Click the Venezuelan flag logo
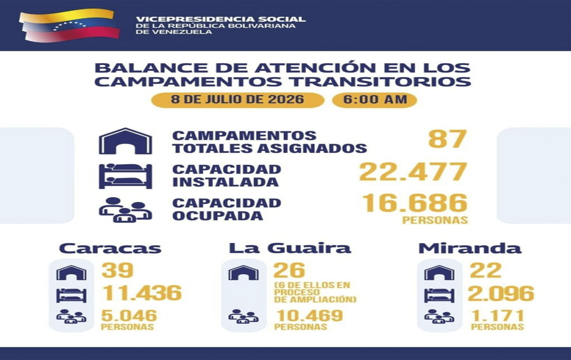coord(69,25)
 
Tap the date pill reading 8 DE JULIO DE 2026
coord(237,100)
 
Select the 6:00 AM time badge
coord(375,100)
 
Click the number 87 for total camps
coord(448,139)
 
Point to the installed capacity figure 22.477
coord(413,172)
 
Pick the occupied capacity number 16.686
coord(415,203)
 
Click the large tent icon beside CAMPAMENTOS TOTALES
coord(125,141)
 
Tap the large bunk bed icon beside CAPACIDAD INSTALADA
coord(125,176)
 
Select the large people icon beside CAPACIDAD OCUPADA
coord(125,210)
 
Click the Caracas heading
coord(110,248)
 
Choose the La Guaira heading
coord(290,248)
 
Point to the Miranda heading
coord(470,248)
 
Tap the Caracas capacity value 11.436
coord(142,292)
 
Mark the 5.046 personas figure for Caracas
coord(129,315)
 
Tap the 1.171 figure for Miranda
coord(497,315)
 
